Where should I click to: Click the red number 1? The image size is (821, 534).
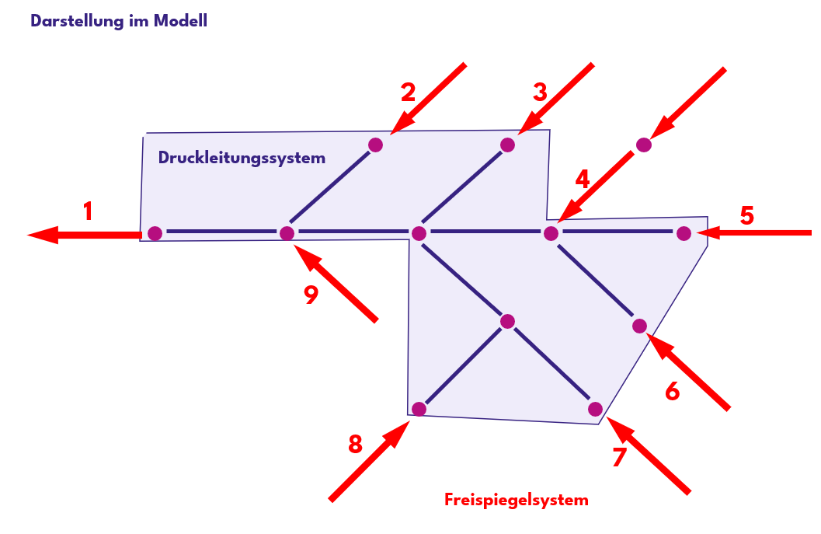tap(88, 211)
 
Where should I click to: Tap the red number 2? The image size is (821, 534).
tap(408, 92)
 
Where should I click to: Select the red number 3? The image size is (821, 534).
tap(540, 92)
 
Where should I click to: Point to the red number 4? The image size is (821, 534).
tap(582, 180)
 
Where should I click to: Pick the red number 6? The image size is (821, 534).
tap(673, 391)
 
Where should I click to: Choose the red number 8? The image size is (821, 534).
tap(355, 444)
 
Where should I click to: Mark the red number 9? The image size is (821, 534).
tap(311, 295)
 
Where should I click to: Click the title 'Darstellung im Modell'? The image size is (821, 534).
tap(119, 21)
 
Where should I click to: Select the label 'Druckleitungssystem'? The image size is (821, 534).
tap(242, 158)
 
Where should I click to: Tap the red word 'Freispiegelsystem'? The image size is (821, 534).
tap(517, 500)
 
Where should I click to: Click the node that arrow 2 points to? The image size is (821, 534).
tap(376, 145)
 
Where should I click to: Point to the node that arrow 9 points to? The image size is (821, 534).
tap(287, 233)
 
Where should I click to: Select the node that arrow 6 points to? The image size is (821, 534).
tap(639, 326)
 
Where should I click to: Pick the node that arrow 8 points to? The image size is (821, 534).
tap(419, 409)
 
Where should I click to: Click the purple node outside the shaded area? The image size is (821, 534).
tap(643, 144)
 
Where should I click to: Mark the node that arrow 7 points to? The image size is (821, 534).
tap(595, 409)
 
